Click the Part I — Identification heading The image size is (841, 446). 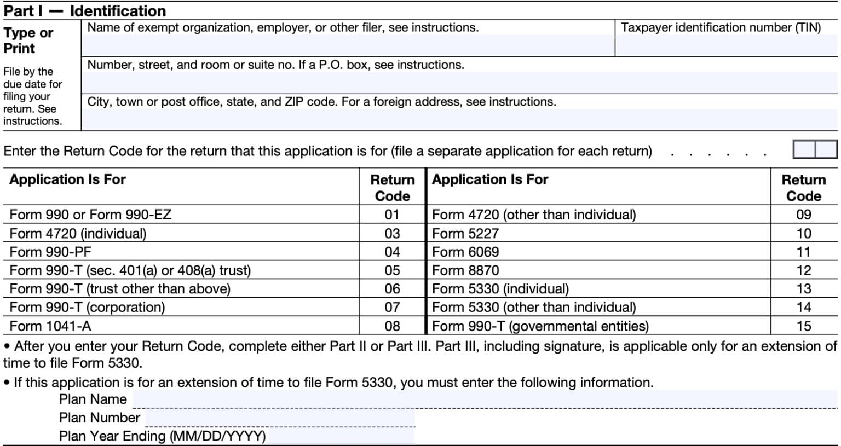tap(85, 11)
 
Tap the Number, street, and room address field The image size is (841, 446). tap(459, 83)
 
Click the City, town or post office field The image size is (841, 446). tap(459, 119)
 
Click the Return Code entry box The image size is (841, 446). tap(815, 149)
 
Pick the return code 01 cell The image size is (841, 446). tap(392, 215)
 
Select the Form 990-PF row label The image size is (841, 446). tap(50, 252)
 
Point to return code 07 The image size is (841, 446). tap(392, 307)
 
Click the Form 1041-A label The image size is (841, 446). tap(50, 326)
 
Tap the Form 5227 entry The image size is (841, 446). tap(465, 234)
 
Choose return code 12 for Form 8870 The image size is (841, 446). tap(803, 270)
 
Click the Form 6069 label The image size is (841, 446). tap(465, 252)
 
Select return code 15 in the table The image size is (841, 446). tap(803, 326)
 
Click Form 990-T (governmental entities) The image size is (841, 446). tap(540, 326)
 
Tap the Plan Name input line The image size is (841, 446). tap(485, 399)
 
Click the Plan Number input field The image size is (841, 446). tap(279, 418)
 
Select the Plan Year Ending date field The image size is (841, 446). tap(341, 436)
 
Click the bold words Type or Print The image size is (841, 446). tap(28, 40)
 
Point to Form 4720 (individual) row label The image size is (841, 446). tap(78, 234)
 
